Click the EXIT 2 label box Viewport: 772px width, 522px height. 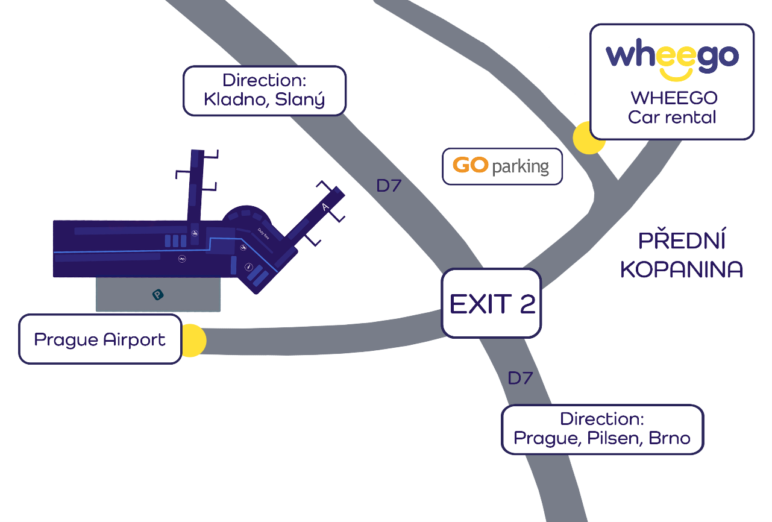click(x=491, y=303)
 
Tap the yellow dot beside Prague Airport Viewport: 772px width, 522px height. click(x=192, y=341)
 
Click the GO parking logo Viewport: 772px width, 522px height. click(x=502, y=166)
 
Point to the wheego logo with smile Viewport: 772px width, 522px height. click(x=672, y=58)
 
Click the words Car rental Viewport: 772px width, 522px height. click(x=672, y=117)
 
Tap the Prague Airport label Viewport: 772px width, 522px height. click(x=100, y=339)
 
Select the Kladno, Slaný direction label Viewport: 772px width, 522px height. click(x=264, y=90)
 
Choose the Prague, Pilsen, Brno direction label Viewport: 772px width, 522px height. click(x=602, y=429)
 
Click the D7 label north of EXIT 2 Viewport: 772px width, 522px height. click(x=389, y=186)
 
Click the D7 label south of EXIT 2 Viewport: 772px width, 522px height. click(x=520, y=379)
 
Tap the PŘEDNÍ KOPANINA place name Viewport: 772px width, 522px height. click(x=682, y=255)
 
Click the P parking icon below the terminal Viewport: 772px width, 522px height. click(x=157, y=295)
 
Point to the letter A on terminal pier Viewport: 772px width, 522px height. click(x=325, y=207)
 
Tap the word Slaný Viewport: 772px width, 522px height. click(x=300, y=99)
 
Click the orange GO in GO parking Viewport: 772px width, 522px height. click(x=470, y=165)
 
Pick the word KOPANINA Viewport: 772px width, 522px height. click(x=682, y=270)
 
